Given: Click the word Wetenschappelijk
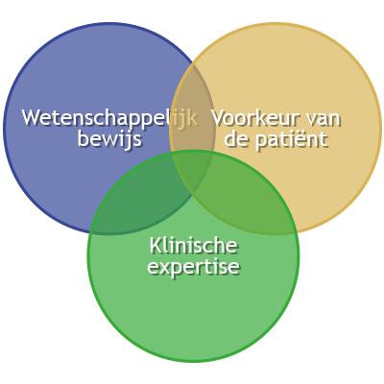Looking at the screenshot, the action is pyautogui.click(x=109, y=118).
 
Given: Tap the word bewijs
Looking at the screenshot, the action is pyautogui.click(x=109, y=140).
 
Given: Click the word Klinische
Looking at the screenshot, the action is pyautogui.click(x=193, y=246).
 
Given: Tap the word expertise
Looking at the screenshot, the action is pyautogui.click(x=193, y=268).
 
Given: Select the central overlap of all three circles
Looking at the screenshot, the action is pyautogui.click(x=193, y=171).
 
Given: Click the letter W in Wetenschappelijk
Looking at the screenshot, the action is pyautogui.click(x=33, y=118).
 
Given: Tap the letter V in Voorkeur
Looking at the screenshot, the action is pyautogui.click(x=219, y=118).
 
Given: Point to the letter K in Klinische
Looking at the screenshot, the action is pyautogui.click(x=156, y=246).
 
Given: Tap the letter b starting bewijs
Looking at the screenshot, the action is pyautogui.click(x=84, y=138).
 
